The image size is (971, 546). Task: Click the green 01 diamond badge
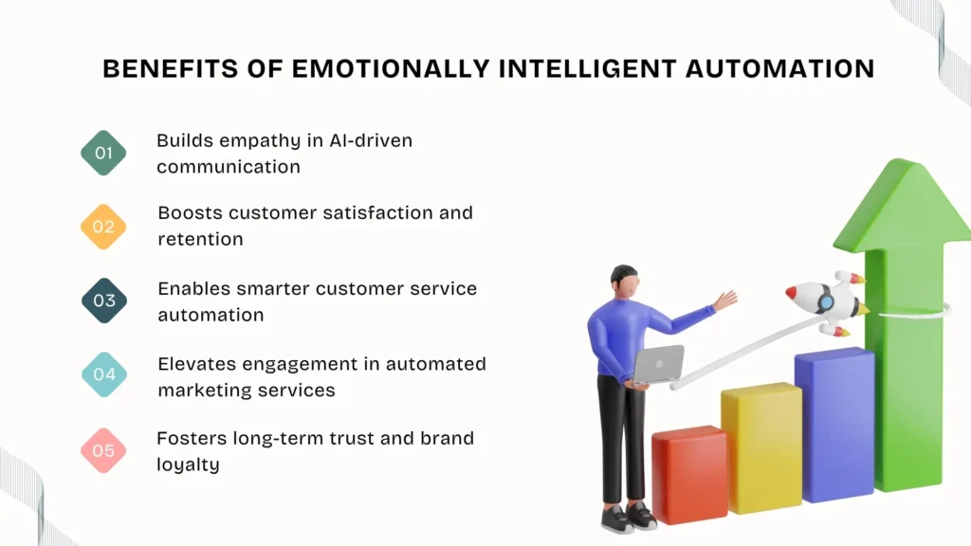[x=103, y=153]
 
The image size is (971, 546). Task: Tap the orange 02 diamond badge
[x=103, y=227]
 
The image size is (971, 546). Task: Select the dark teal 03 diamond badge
[x=103, y=300]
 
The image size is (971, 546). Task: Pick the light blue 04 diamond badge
[x=103, y=374]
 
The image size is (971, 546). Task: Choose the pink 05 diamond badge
[x=103, y=449]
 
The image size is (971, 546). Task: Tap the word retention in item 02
[x=200, y=239]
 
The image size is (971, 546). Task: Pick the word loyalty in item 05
[x=188, y=464]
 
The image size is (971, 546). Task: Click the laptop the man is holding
[x=658, y=364]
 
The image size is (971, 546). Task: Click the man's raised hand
[x=725, y=300]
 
